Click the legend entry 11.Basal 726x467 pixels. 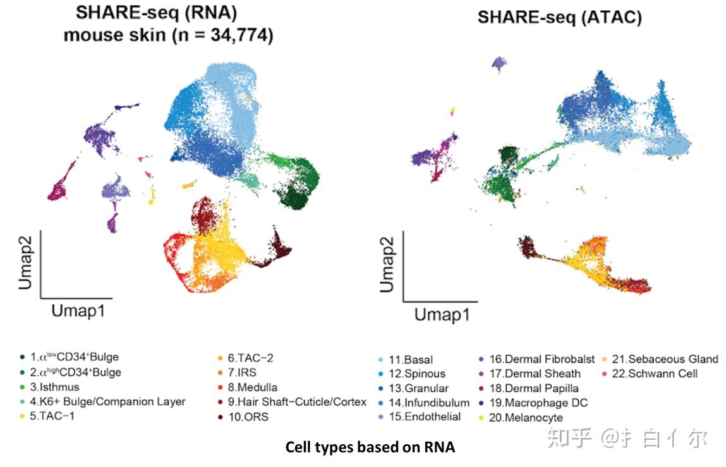tap(410, 359)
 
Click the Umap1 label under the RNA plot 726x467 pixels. tap(78, 310)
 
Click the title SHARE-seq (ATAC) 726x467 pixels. tap(559, 17)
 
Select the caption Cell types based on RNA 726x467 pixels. tap(370, 447)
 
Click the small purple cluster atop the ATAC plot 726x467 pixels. tap(500, 63)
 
